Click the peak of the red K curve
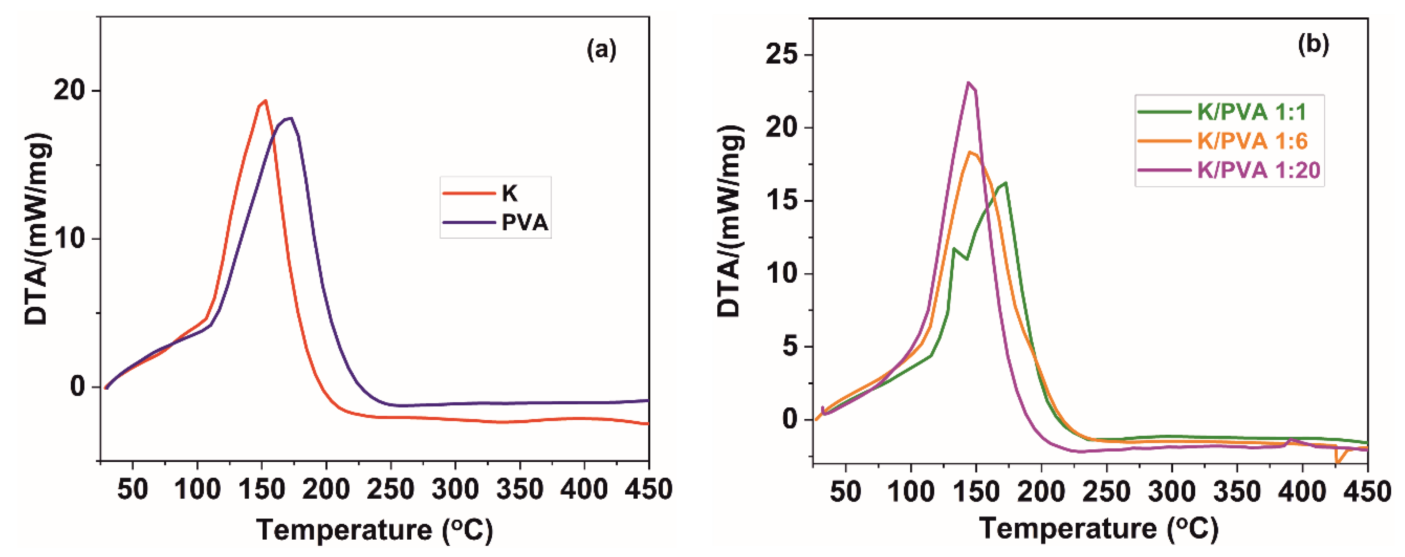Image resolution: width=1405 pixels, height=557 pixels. (x=265, y=100)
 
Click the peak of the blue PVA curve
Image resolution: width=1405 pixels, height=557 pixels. (x=292, y=118)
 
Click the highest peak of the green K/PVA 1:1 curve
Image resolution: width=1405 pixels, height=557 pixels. (x=1006, y=183)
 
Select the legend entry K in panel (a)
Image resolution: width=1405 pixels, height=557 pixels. (x=509, y=193)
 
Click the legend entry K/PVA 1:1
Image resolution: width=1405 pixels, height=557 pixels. (x=1252, y=112)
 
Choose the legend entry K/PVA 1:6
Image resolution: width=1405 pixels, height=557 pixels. (x=1252, y=141)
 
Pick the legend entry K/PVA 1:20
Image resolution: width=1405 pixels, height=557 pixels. (x=1258, y=170)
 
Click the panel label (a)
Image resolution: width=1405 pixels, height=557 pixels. (x=601, y=50)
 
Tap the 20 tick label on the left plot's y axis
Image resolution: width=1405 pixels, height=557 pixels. (x=69, y=90)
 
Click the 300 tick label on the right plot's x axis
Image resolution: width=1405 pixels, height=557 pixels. (x=1171, y=492)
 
